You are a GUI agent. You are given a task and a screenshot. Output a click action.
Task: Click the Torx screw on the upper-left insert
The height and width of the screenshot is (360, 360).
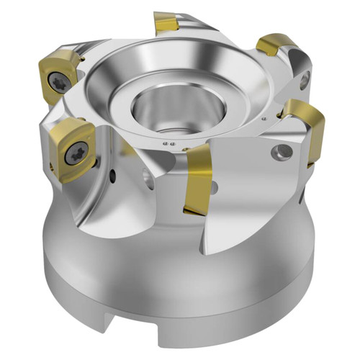pos(60,83)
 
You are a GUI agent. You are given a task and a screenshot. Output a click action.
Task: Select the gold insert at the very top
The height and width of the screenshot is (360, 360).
pos(166,25)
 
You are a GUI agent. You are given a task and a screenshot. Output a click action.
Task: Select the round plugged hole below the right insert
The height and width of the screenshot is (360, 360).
pos(277,152)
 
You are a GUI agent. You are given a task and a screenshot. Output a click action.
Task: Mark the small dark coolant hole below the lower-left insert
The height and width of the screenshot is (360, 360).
pos(112,174)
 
